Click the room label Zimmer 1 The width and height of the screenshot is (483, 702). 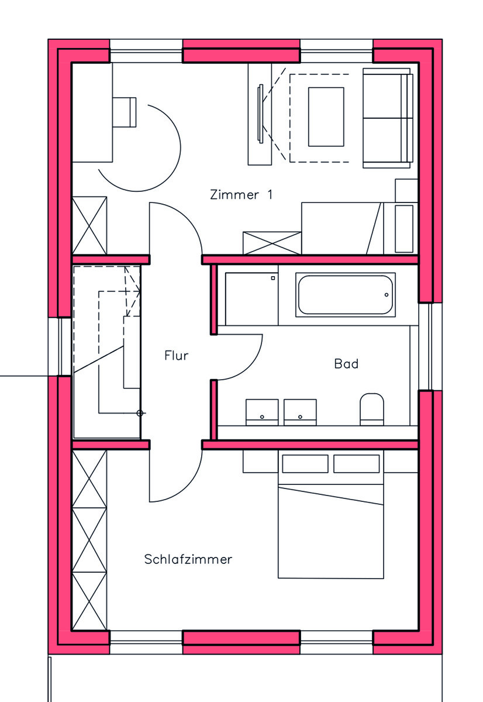(x=241, y=195)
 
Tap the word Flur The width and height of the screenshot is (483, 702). (x=176, y=355)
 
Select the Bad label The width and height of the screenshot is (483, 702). (x=346, y=364)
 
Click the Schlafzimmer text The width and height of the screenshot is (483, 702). (x=188, y=559)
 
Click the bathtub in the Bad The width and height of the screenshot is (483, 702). (x=346, y=294)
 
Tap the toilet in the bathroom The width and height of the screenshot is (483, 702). (x=371, y=408)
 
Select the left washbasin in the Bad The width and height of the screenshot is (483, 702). (x=262, y=411)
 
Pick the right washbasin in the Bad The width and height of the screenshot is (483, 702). (x=300, y=411)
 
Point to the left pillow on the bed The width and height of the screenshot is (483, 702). (x=305, y=464)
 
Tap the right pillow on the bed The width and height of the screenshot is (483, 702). (x=357, y=464)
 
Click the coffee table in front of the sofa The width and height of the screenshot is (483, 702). (x=326, y=116)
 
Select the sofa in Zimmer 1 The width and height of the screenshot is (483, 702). (x=388, y=118)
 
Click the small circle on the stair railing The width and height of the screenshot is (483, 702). (x=139, y=413)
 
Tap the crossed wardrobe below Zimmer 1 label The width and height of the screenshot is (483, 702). (x=272, y=243)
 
